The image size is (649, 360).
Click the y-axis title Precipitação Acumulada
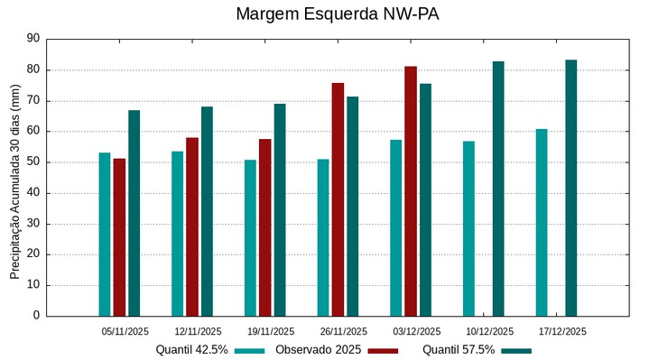(14, 180)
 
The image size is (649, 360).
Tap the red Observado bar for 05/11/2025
(119, 237)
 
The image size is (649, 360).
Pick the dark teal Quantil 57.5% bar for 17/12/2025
(571, 188)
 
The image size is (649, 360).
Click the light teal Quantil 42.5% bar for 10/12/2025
(468, 228)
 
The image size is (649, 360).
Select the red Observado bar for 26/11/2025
(338, 199)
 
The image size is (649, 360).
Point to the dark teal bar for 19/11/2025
(280, 209)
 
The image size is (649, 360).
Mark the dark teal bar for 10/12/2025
(498, 189)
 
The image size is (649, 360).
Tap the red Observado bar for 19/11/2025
(264, 227)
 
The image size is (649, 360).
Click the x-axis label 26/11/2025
(343, 331)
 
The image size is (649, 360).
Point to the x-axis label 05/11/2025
(125, 331)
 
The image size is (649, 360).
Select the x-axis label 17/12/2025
(561, 331)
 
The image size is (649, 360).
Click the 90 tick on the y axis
(33, 39)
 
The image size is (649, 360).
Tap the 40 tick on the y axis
(33, 193)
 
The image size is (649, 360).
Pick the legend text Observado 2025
(319, 349)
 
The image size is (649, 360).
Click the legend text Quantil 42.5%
(191, 349)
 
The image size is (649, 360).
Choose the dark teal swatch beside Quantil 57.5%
(516, 350)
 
